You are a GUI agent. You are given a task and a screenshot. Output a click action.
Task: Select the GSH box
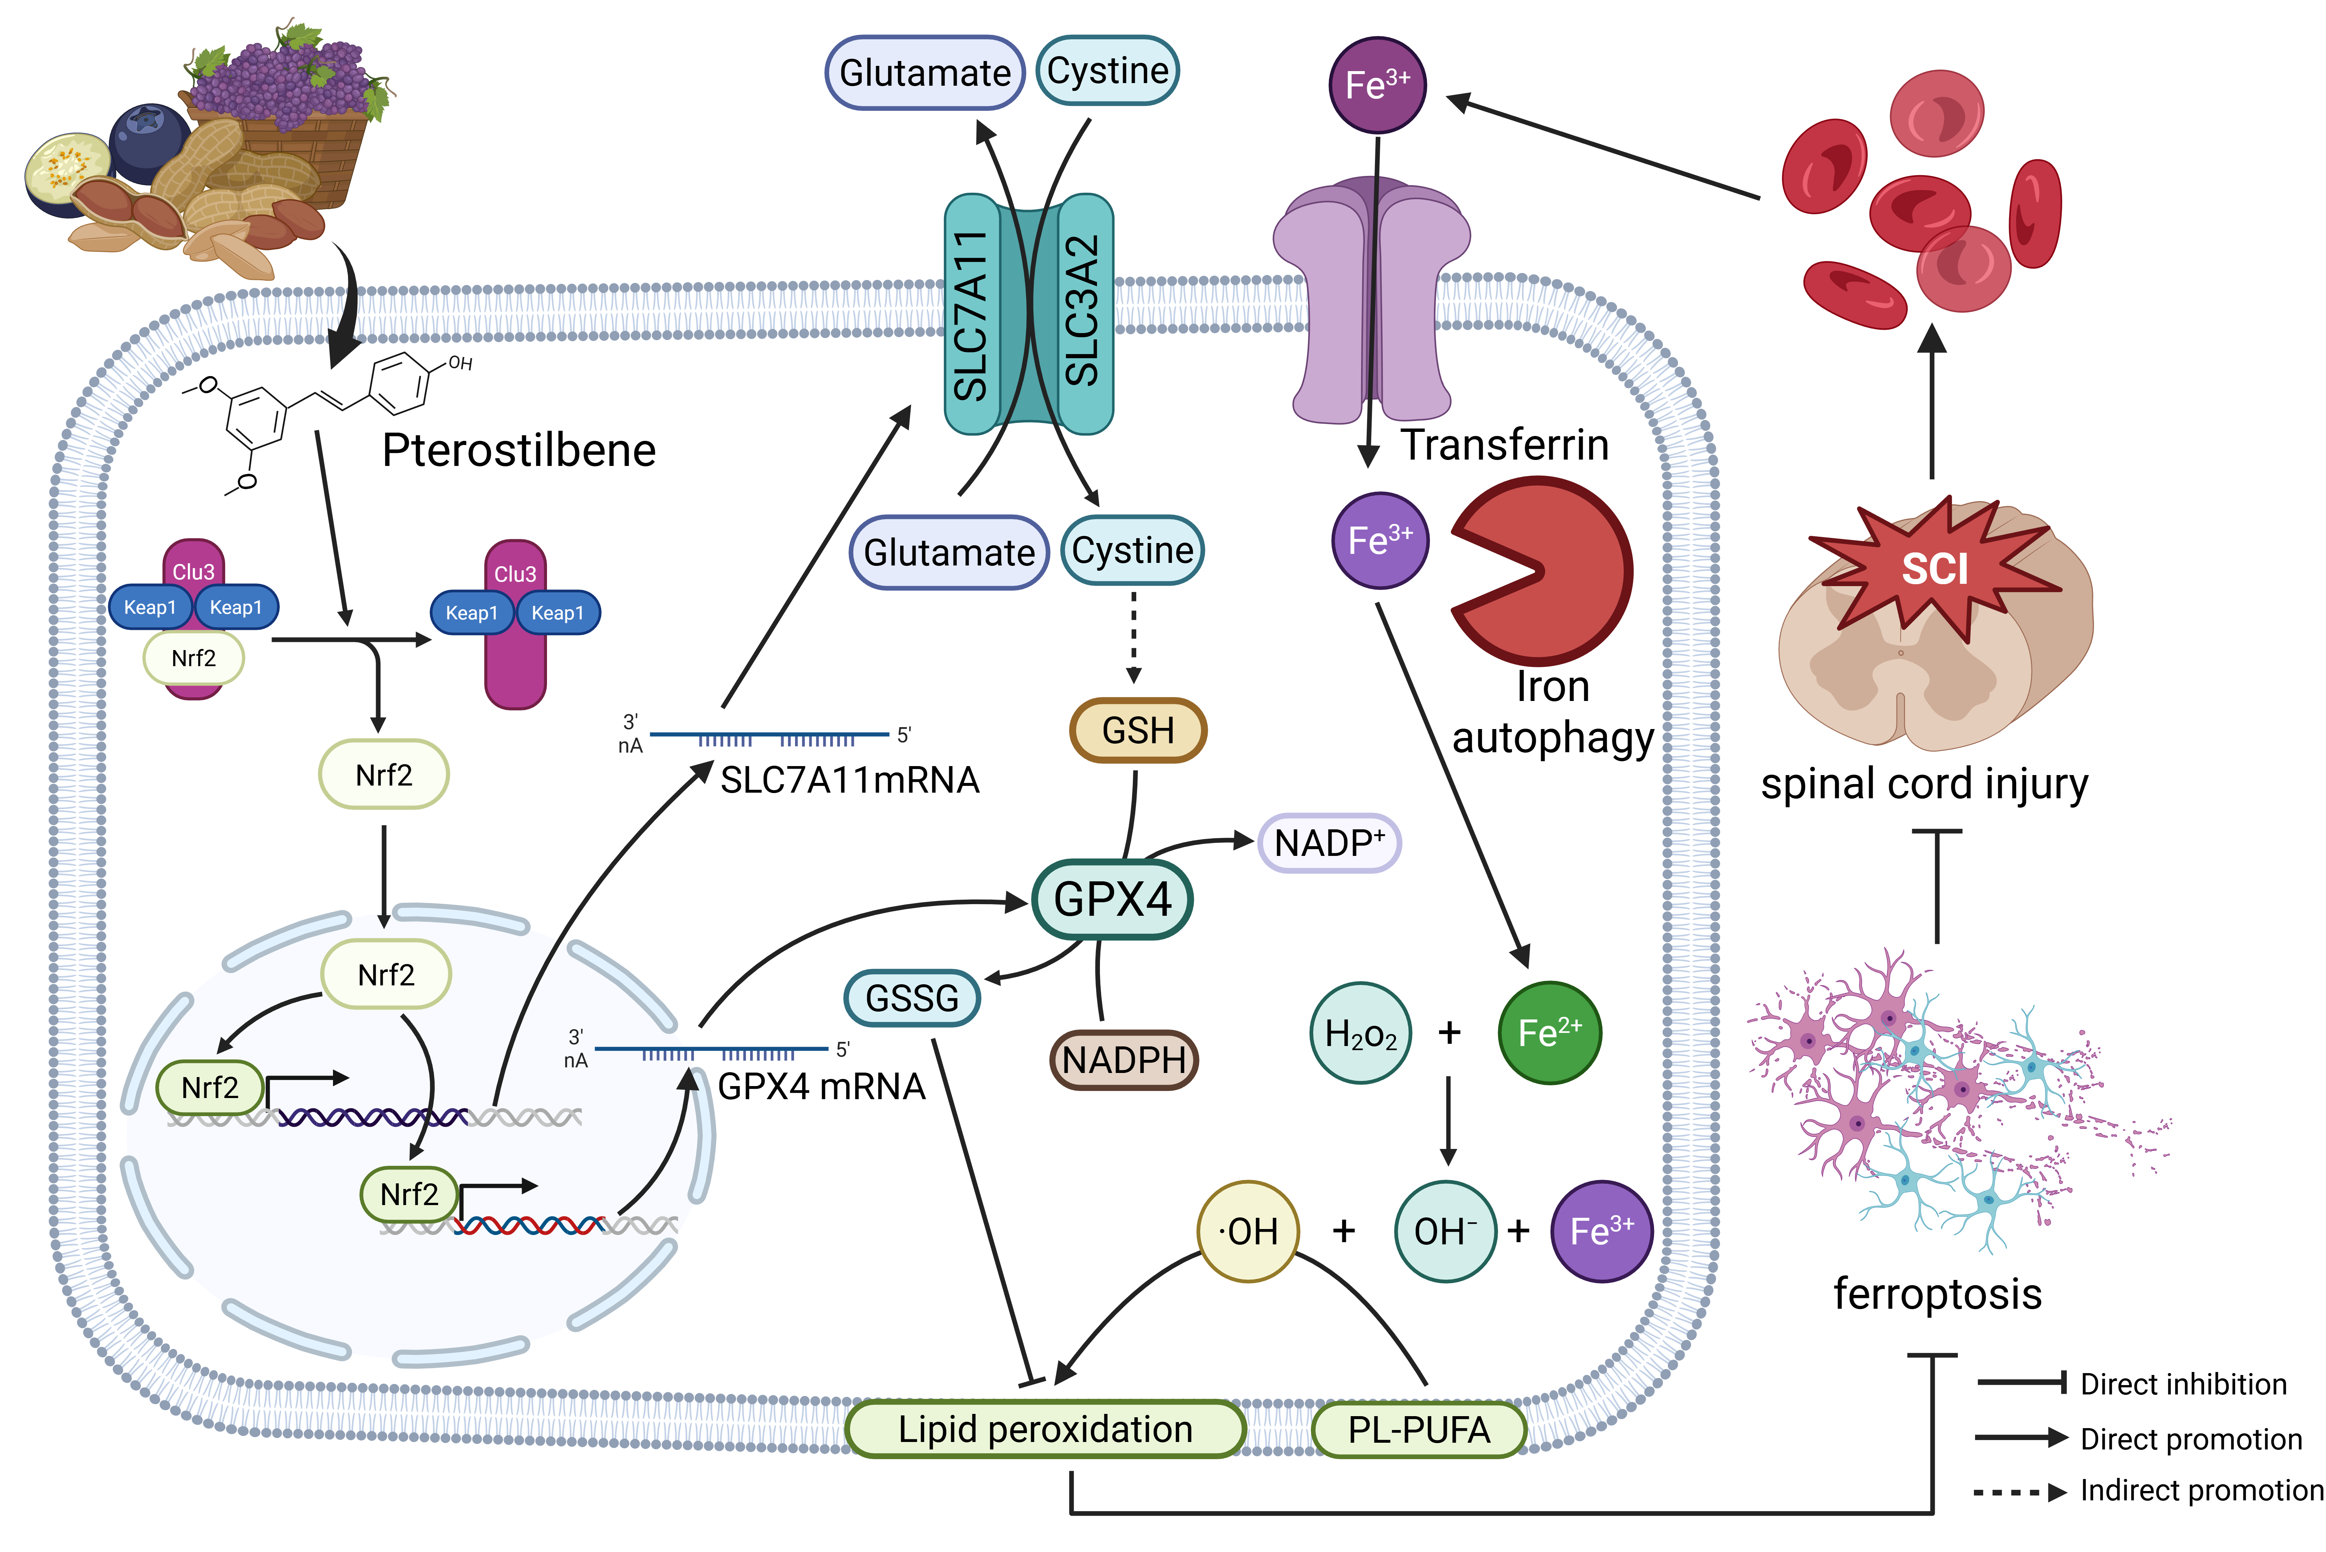coord(1138,731)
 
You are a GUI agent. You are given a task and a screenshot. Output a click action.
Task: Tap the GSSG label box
coord(911,998)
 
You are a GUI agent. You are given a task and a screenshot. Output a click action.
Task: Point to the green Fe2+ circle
coord(1549,1032)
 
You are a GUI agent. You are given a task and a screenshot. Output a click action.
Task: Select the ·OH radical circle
coord(1248,1231)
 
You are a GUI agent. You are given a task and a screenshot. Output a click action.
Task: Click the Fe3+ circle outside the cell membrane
coord(1377,85)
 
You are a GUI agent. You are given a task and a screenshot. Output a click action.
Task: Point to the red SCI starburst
coord(1934,569)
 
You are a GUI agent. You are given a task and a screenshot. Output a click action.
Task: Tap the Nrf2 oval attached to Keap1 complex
coord(194,658)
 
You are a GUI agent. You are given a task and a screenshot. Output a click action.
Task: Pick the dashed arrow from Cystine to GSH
coord(1134,635)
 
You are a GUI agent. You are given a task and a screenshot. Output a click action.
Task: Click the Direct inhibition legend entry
coord(2132,1384)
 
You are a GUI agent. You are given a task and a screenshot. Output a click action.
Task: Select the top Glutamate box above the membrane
coord(924,72)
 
